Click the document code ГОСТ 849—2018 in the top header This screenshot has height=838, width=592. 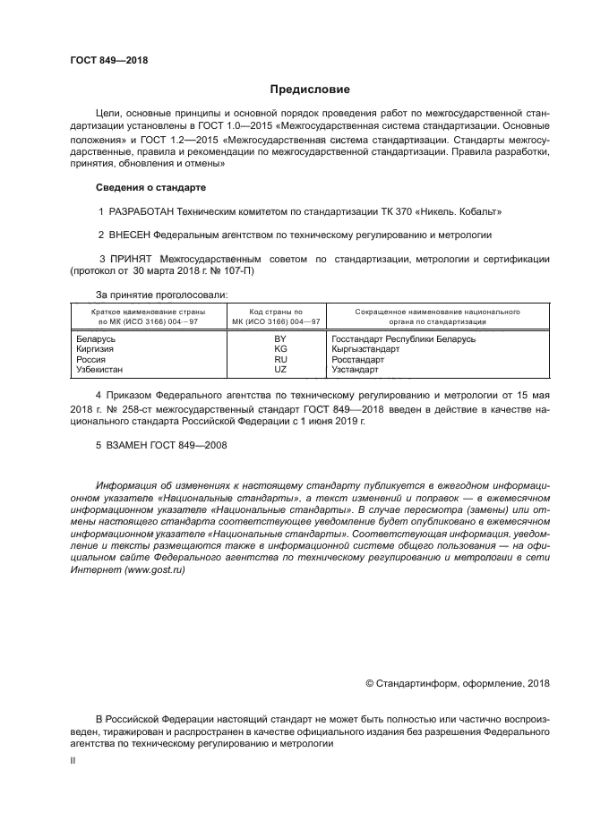(x=108, y=61)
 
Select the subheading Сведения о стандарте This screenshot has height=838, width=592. (x=150, y=188)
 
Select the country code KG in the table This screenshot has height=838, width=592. (x=279, y=349)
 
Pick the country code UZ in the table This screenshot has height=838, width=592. (x=279, y=369)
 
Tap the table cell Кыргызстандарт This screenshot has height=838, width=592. (x=365, y=349)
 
